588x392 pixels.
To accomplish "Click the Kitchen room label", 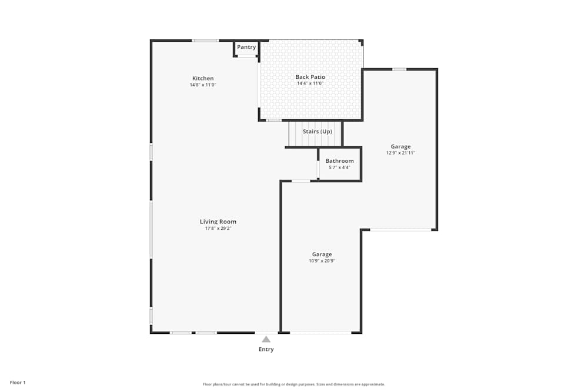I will (203, 78).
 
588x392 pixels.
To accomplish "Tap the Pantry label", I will (246, 47).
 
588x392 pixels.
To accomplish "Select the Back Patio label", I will (310, 77).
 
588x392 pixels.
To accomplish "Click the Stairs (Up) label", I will (317, 131).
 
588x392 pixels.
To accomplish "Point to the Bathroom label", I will (339, 160).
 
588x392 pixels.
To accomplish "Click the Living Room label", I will (218, 222).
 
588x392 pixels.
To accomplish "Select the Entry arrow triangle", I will (266, 339).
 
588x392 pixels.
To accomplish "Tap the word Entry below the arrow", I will (266, 349).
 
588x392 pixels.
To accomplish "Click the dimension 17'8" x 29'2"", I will (218, 228).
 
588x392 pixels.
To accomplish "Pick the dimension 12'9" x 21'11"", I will (400, 153).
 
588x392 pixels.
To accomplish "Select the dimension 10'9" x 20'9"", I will (322, 261).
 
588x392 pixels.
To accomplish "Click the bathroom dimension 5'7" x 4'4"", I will (339, 167).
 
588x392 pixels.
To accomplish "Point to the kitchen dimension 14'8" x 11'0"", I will (203, 85).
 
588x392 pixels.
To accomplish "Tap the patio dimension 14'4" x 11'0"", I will (310, 83).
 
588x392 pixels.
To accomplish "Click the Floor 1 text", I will (18, 382).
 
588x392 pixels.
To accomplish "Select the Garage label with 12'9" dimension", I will (400, 146).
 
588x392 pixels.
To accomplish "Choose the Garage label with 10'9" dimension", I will (322, 254).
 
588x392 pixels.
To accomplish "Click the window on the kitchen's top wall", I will (205, 41).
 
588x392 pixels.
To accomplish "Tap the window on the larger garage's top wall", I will (399, 69).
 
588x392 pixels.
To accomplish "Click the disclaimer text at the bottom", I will (293, 384).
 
